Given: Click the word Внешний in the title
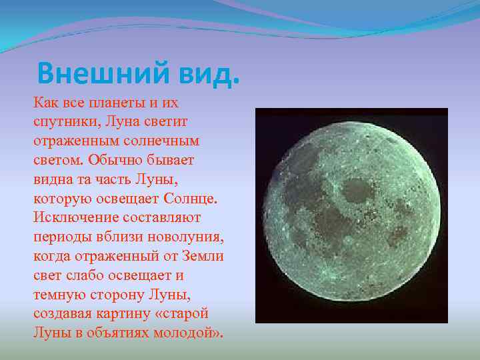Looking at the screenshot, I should (93, 73).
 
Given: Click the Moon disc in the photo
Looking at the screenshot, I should (351, 215).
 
